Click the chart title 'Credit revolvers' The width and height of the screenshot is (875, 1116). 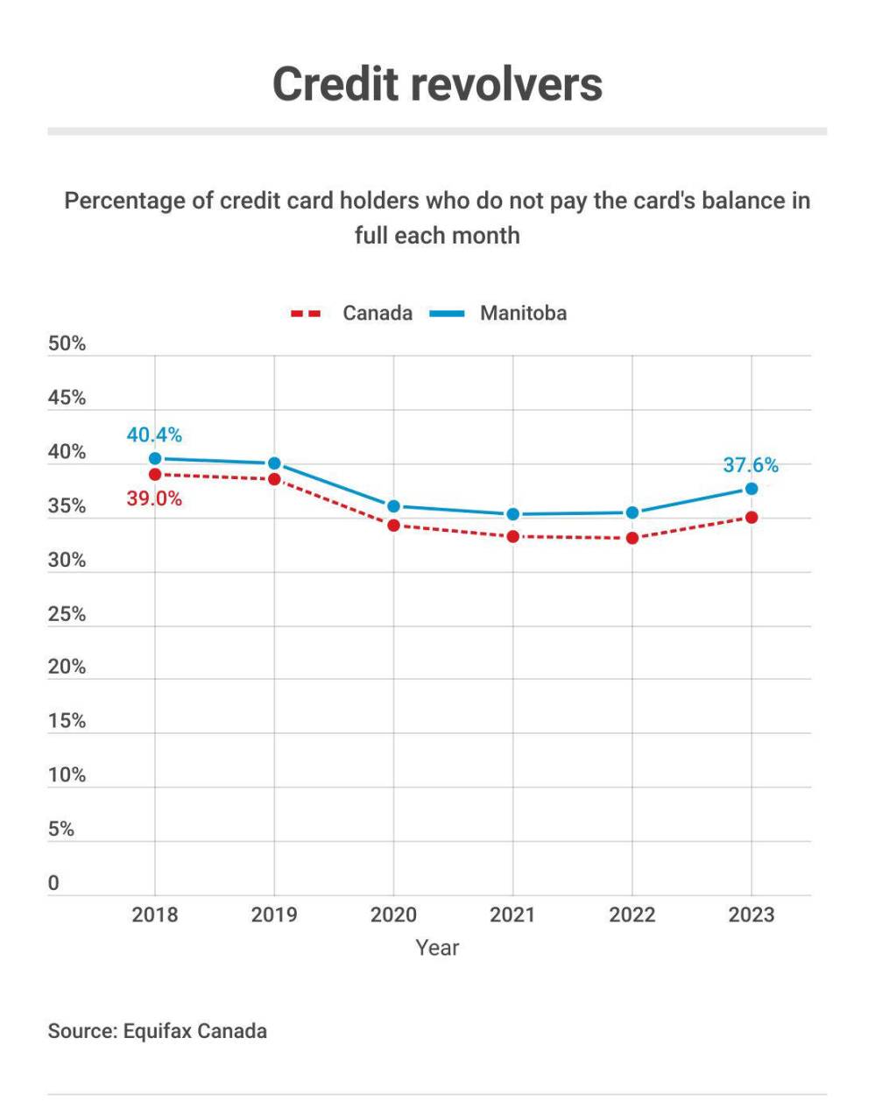click(437, 84)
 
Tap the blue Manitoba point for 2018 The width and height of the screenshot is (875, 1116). click(155, 458)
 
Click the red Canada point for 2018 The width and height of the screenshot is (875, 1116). click(155, 474)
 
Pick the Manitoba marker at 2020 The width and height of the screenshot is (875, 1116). click(393, 505)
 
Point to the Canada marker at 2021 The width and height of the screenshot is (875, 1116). click(512, 536)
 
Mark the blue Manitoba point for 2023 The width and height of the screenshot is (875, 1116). click(751, 489)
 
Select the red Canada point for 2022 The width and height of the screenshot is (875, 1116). click(632, 538)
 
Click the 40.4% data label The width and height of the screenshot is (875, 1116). click(154, 434)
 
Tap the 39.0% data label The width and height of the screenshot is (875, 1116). click(154, 499)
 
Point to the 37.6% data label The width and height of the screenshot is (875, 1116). click(750, 465)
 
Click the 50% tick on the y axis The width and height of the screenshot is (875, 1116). click(67, 343)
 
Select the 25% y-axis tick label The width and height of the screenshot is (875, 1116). click(67, 614)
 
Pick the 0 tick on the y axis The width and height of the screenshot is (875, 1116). click(53, 883)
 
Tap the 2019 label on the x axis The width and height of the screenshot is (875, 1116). click(274, 915)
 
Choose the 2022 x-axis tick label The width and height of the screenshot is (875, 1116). click(632, 915)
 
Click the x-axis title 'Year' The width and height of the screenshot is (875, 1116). click(437, 948)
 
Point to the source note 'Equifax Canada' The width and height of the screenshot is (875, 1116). click(194, 1030)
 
